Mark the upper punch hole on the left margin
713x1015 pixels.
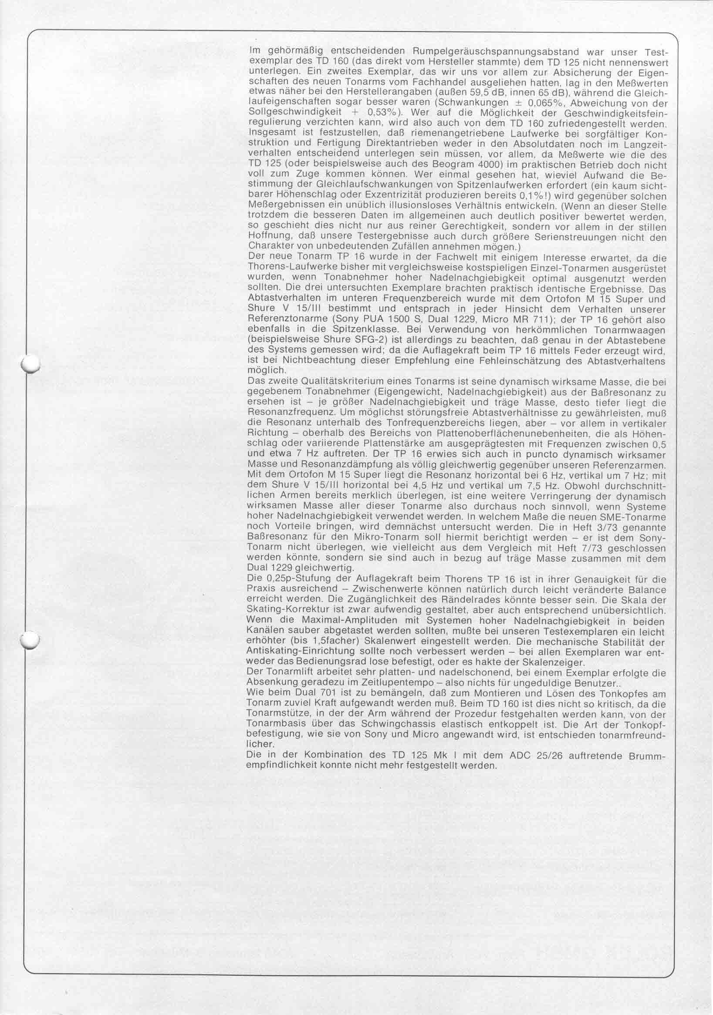click(x=31, y=365)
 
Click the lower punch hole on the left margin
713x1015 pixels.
click(x=31, y=640)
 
